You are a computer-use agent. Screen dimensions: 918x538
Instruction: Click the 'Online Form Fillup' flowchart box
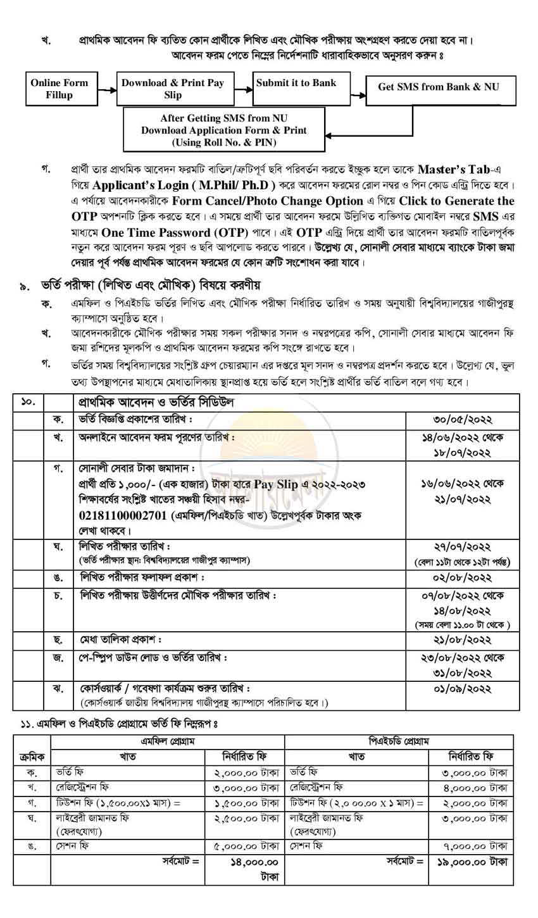[59, 89]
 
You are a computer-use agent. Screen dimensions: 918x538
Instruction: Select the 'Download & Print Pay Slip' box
[173, 89]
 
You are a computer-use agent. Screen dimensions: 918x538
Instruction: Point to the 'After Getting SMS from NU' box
[224, 130]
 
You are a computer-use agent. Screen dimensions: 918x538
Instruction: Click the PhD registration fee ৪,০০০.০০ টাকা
[472, 788]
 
